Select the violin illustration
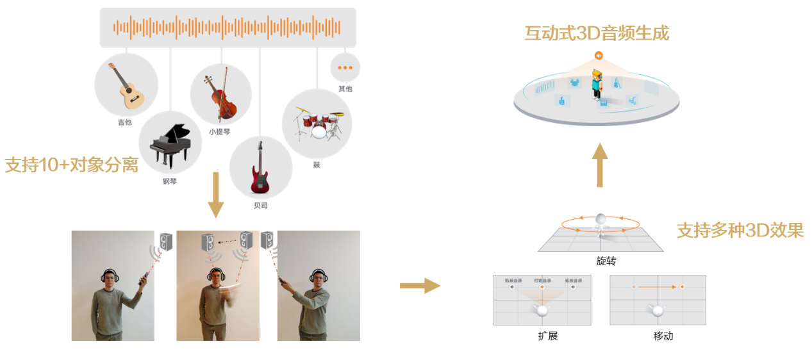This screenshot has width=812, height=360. pyautogui.click(x=220, y=96)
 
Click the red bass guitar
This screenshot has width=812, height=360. pyautogui.click(x=260, y=168)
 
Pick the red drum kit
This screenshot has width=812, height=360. pyautogui.click(x=317, y=124)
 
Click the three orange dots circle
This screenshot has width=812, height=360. pyautogui.click(x=345, y=67)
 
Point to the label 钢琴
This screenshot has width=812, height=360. pyautogui.click(x=170, y=181)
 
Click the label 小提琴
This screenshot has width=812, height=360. pyautogui.click(x=220, y=132)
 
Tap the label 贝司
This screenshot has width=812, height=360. pyautogui.click(x=260, y=206)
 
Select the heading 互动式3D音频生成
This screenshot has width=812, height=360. pyautogui.click(x=597, y=33)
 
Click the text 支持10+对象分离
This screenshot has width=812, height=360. pyautogui.click(x=71, y=165)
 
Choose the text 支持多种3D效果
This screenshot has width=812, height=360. pyautogui.click(x=740, y=230)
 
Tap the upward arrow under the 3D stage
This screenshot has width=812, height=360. pyautogui.click(x=600, y=165)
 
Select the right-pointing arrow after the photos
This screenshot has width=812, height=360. pyautogui.click(x=420, y=286)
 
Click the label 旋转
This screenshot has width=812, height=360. pyautogui.click(x=606, y=261)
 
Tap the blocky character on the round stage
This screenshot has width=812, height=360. pyautogui.click(x=598, y=86)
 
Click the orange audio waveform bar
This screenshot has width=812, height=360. pyautogui.click(x=228, y=28)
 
